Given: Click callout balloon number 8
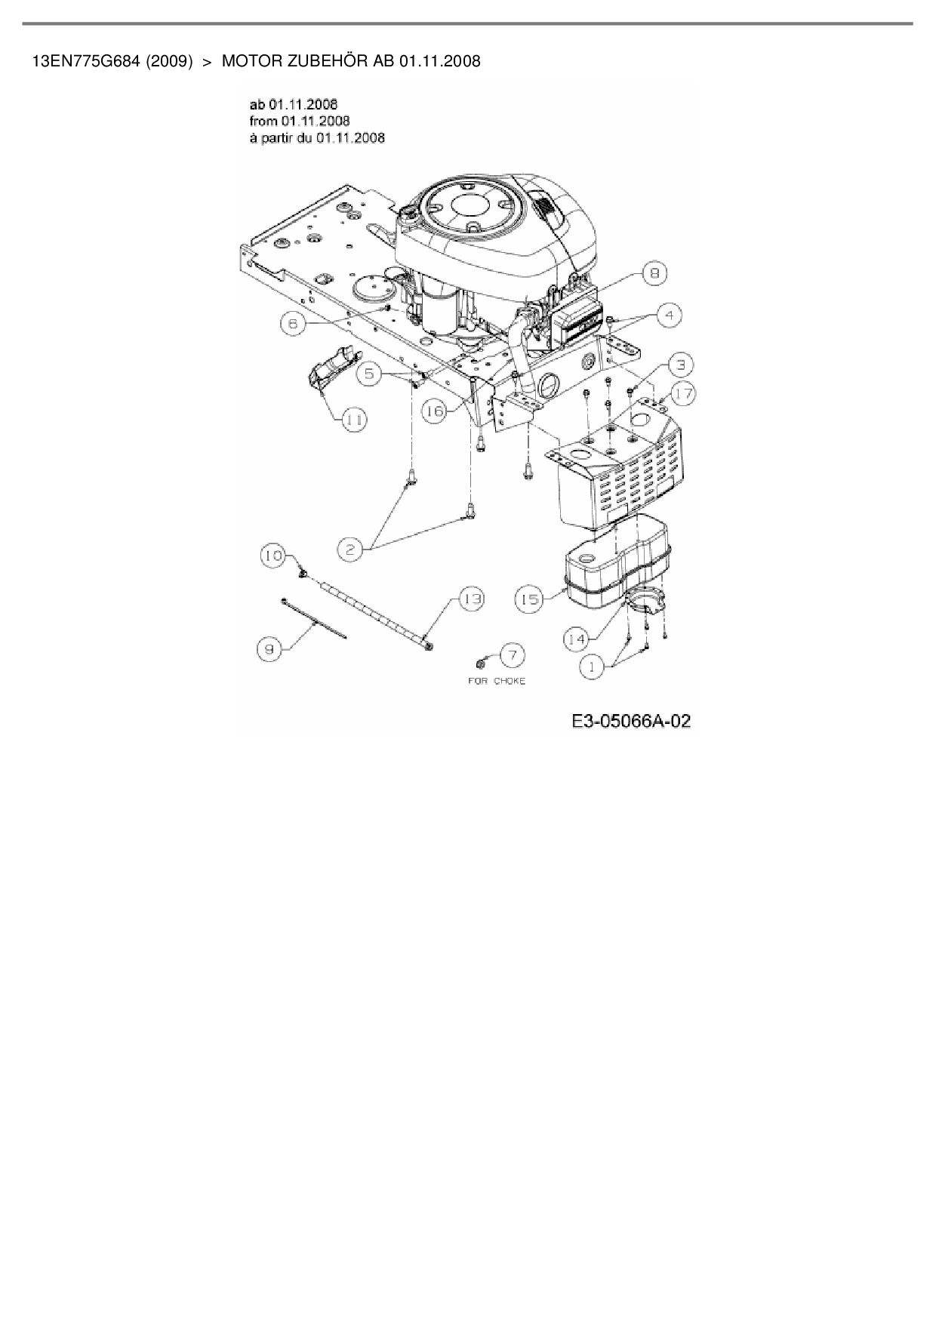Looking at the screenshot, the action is [x=654, y=273].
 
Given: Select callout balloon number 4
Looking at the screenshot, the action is [x=669, y=315].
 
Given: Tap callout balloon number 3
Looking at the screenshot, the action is [x=680, y=365].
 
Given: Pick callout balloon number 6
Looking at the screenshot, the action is [x=293, y=324].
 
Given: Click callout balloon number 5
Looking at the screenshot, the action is [x=369, y=374].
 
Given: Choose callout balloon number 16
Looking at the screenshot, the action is [x=435, y=411].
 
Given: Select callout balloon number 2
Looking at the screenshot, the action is [x=350, y=550].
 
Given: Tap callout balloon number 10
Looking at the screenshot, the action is [x=273, y=556].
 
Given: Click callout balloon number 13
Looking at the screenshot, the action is [x=472, y=599].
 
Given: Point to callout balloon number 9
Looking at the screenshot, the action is [x=269, y=648].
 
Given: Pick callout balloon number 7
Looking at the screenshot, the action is [x=512, y=654].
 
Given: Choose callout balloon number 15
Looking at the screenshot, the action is [x=530, y=599].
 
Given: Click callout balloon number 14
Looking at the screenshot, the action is [x=577, y=639].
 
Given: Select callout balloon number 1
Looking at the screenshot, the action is [x=592, y=667].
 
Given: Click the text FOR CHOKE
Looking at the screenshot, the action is [x=496, y=681].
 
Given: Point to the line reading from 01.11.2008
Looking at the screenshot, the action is [x=299, y=121].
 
